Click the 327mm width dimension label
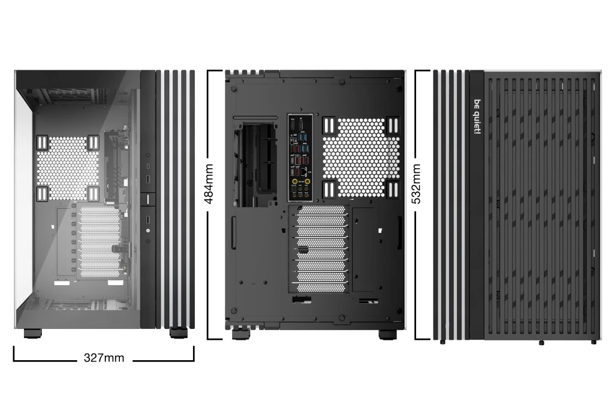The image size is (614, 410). tap(104, 358)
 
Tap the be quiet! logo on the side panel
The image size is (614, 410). tap(477, 116)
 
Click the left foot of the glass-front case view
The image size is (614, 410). tap(33, 333)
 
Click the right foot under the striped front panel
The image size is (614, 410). tap(178, 332)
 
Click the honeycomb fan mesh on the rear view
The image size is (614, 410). tap(361, 158)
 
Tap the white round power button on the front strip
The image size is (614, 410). tap(148, 230)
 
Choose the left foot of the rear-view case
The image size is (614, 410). tap(241, 334)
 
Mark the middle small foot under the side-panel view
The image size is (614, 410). tap(541, 342)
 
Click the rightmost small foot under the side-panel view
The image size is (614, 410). tap(594, 342)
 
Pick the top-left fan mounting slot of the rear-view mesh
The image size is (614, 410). tap(329, 125)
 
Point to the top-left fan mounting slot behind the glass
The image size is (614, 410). tap(43, 142)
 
